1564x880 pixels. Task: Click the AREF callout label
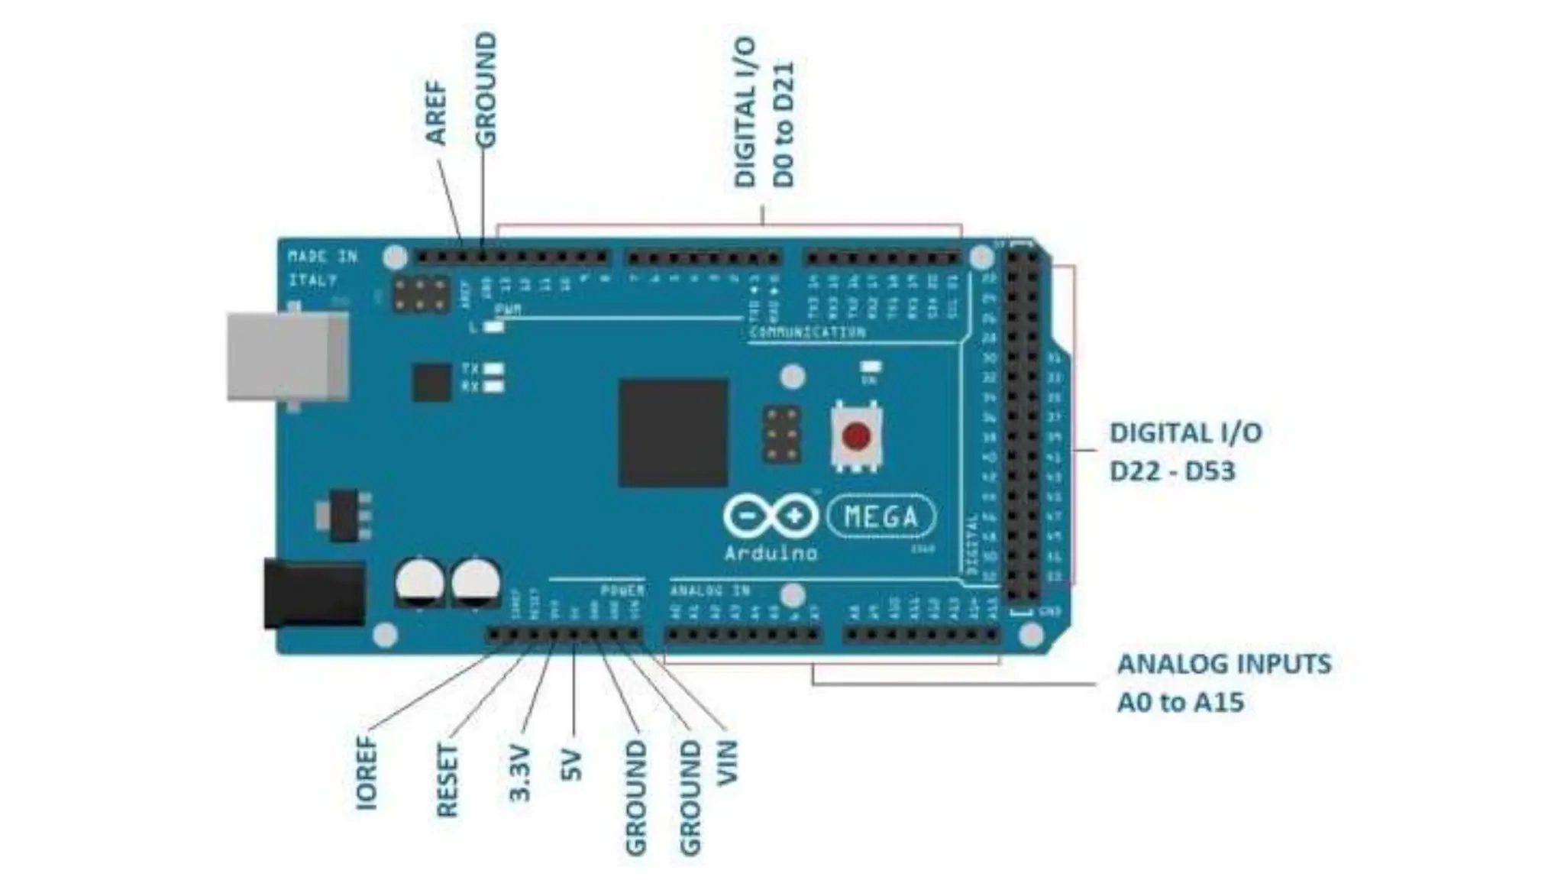point(436,113)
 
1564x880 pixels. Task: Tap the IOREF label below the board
point(367,772)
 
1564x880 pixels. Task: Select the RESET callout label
point(447,781)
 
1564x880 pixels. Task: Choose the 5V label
point(572,766)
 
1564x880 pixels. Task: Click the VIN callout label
point(728,762)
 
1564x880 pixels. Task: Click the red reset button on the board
point(856,437)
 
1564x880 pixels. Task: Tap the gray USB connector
point(288,357)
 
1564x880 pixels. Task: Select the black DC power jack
point(314,594)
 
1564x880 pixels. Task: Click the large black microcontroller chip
point(673,432)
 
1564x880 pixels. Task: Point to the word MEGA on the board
point(881,517)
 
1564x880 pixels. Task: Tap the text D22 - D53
point(1171,471)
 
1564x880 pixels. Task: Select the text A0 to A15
point(1181,702)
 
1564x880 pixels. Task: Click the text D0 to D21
point(784,125)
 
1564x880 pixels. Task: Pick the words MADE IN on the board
point(322,257)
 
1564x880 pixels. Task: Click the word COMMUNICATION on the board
point(807,332)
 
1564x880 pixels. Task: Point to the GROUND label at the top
point(486,90)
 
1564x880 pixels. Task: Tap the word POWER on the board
point(622,590)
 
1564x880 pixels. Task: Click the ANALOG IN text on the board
point(710,590)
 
